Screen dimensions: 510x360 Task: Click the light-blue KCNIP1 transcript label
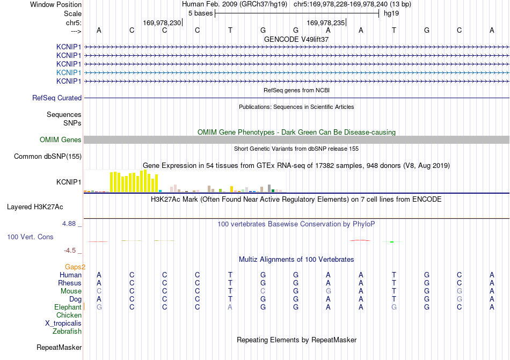pos(69,72)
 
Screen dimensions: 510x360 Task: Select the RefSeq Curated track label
pos(57,98)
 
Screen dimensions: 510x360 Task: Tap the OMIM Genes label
pos(61,139)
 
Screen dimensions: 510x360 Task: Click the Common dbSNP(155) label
pos(48,156)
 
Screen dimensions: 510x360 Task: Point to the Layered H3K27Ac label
pos(35,207)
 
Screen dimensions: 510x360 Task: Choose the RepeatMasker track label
pos(59,347)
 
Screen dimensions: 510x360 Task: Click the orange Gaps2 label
pos(75,267)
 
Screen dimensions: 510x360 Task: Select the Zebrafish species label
pos(67,332)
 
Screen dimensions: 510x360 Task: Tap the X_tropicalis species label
pos(63,324)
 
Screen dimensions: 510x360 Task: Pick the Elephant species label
pos(68,307)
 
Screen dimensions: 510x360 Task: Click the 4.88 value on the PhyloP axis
pos(69,224)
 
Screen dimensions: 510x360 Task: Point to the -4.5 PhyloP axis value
pos(70,250)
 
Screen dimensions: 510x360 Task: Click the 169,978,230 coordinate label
pos(162,23)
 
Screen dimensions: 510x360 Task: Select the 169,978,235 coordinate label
pos(325,23)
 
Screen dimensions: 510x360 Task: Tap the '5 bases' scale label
pos(200,13)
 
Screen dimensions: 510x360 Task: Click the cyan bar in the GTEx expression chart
pos(160,191)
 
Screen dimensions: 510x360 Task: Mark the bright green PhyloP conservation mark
pos(392,242)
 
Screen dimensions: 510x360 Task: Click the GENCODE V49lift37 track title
pos(296,39)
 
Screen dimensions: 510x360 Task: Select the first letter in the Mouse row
pos(99,291)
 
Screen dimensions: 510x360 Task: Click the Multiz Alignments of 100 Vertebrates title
pos(296,259)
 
